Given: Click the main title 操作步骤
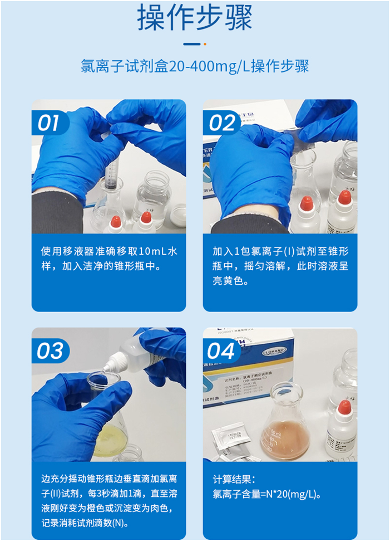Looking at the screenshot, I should [x=195, y=18].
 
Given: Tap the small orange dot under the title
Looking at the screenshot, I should [x=205, y=44].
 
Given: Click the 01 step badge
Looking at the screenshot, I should [x=48, y=123].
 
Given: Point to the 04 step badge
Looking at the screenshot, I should [x=221, y=351].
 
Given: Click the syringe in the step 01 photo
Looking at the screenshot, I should [x=111, y=176].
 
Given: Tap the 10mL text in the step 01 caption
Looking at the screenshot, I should [x=147, y=251].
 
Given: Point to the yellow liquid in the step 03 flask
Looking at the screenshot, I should [x=108, y=440].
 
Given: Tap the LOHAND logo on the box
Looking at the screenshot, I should [x=274, y=352].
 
